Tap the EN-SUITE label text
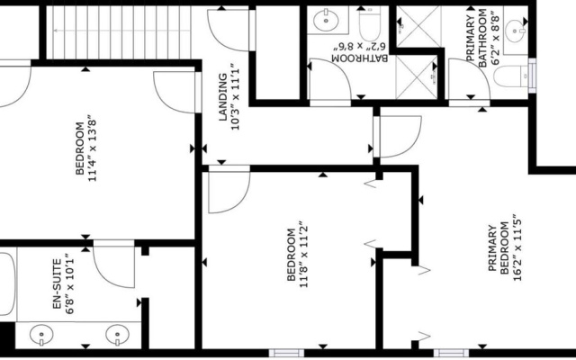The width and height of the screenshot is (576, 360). click(57, 284)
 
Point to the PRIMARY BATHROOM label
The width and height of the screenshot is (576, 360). click(477, 38)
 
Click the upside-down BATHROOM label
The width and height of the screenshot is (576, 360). click(360, 58)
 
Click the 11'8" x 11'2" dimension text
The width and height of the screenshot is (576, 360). click(304, 254)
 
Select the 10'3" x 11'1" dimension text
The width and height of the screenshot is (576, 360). click(235, 96)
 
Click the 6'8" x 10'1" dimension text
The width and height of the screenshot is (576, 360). click(70, 283)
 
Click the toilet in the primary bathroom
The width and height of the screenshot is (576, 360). click(511, 76)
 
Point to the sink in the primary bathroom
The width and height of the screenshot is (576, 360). click(516, 30)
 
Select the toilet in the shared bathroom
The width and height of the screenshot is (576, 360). click(370, 25)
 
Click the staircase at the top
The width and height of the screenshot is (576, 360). click(122, 32)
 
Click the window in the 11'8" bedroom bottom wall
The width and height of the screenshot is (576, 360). click(286, 353)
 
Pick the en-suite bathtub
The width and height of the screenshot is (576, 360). click(8, 283)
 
